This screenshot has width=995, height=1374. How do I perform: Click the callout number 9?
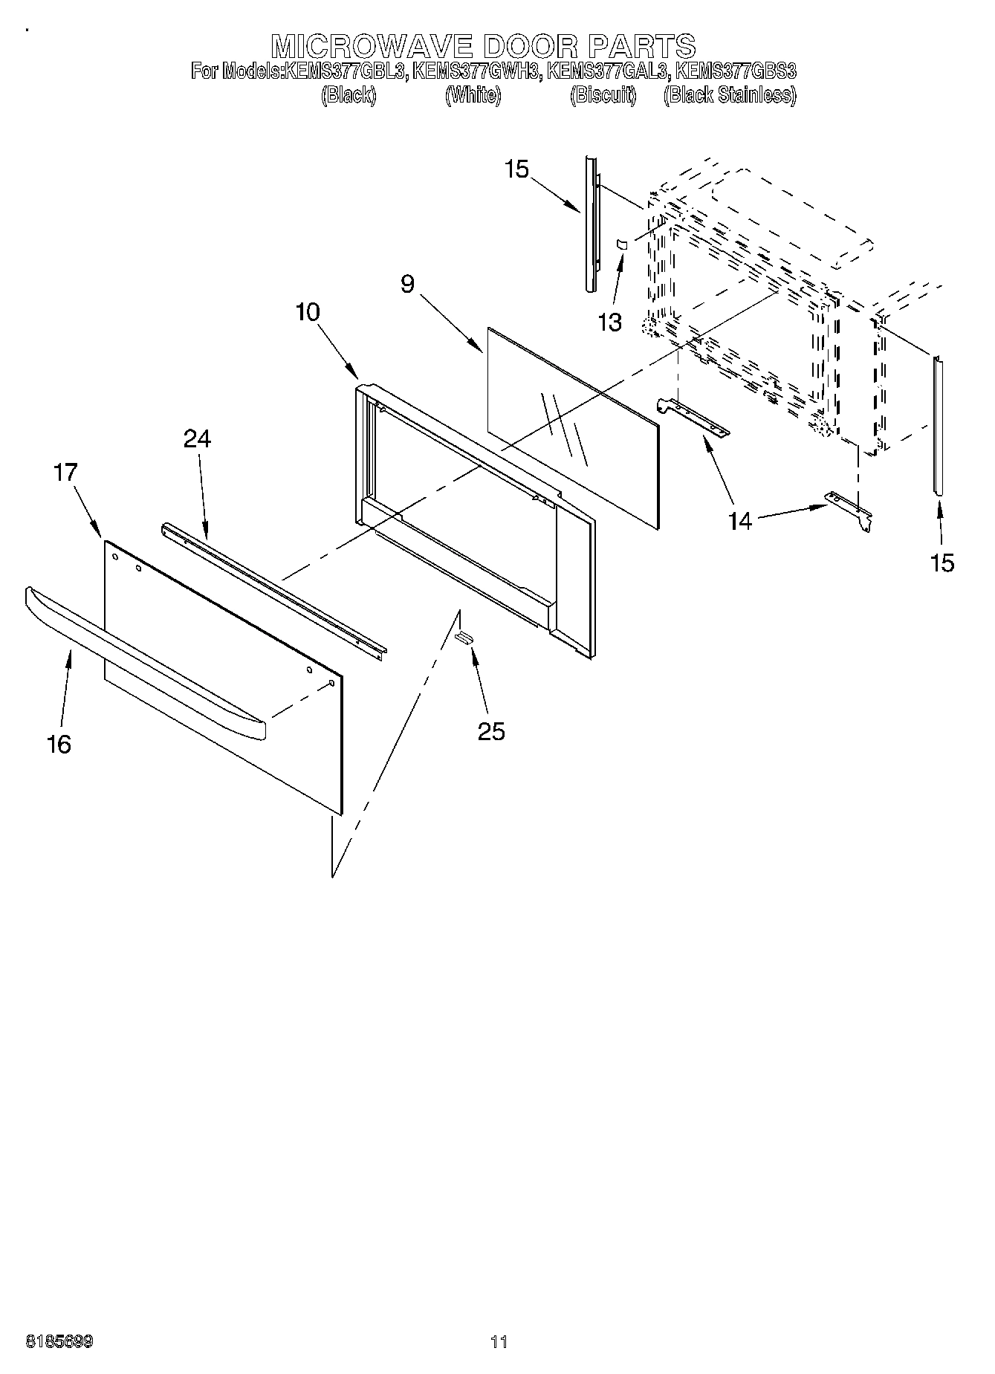(x=406, y=285)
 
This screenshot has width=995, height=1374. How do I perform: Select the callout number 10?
(x=307, y=312)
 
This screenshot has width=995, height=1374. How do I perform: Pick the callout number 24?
(x=198, y=439)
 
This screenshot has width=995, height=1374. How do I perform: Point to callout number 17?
(x=65, y=472)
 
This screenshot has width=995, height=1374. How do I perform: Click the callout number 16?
(x=59, y=744)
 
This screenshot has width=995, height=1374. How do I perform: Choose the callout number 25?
(x=491, y=731)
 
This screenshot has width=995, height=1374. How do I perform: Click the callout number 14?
(x=739, y=521)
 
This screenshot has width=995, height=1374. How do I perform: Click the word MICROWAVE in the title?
(x=372, y=46)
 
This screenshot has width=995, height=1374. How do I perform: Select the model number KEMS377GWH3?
(x=476, y=72)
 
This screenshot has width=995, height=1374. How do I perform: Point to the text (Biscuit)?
(x=603, y=95)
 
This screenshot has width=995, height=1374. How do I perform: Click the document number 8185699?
(x=59, y=1342)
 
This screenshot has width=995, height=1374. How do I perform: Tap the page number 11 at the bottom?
(x=499, y=1342)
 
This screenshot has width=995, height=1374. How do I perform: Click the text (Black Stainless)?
(x=729, y=95)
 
